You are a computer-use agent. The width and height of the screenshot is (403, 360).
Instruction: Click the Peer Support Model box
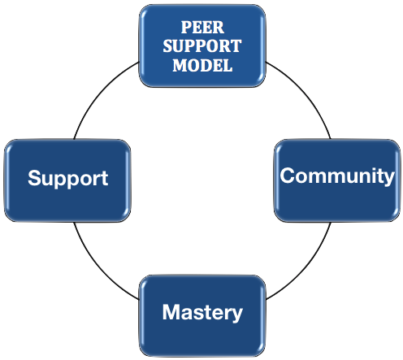pos(201,46)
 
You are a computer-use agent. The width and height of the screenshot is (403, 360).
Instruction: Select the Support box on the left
pos(67,180)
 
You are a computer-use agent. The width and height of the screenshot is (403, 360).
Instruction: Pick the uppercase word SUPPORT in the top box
pos(201,46)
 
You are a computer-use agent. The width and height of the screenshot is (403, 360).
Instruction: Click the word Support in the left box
pos(67,179)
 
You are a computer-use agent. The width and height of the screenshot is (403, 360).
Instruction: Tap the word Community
pos(337,176)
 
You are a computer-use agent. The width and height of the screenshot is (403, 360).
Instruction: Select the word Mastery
pos(201,312)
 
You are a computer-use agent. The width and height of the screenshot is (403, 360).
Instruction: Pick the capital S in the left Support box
pos(34,179)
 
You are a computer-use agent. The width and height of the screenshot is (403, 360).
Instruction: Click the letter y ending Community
pos(389,178)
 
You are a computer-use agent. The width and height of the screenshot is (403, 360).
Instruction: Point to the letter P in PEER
pos(186,26)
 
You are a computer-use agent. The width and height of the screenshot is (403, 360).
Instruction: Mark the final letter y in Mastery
pos(236,314)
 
